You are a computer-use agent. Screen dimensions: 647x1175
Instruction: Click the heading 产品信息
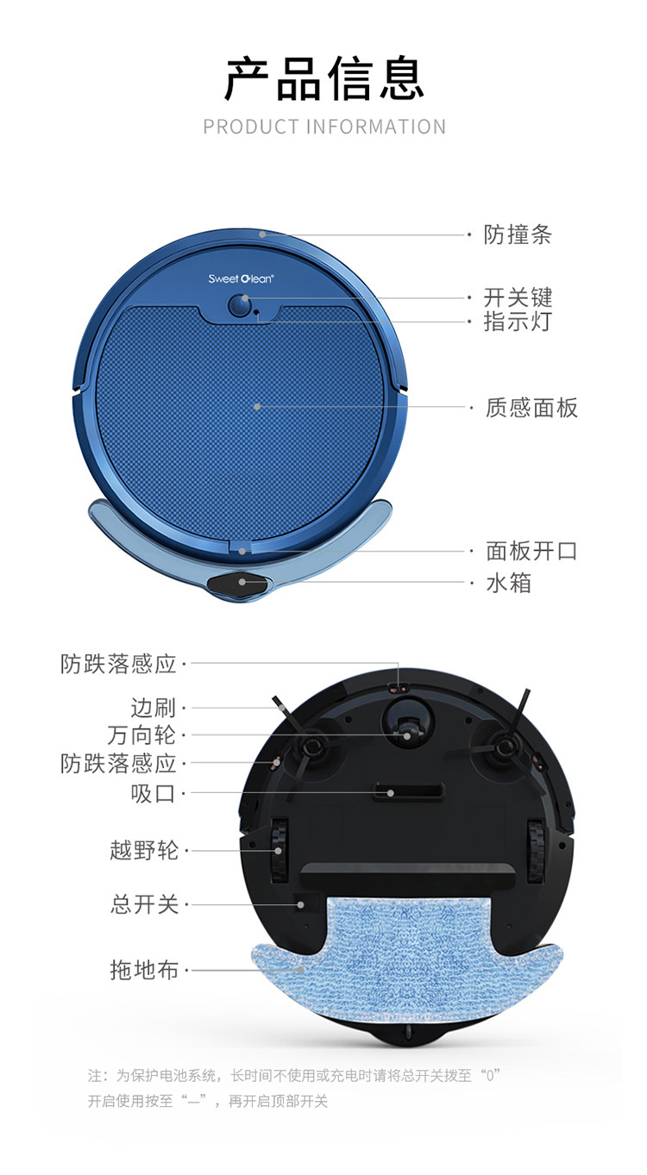(x=323, y=78)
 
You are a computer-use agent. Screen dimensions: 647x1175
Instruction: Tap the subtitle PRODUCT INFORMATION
(x=324, y=127)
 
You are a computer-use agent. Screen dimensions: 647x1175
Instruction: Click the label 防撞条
(x=518, y=234)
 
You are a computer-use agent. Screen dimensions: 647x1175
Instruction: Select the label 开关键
(x=518, y=297)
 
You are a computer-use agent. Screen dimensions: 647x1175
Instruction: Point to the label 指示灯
(x=518, y=321)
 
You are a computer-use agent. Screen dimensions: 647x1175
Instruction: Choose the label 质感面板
(x=531, y=408)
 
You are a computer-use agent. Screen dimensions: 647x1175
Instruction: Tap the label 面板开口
(x=531, y=552)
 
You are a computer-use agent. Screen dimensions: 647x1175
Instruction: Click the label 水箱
(x=508, y=583)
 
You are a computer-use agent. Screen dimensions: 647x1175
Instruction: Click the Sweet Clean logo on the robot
(x=241, y=278)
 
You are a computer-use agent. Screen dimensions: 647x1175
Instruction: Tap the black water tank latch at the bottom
(x=239, y=584)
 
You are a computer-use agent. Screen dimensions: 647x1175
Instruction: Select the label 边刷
(x=153, y=708)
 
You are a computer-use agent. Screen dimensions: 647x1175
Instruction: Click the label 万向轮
(x=141, y=734)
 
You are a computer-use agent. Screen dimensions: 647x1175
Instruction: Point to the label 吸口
(x=153, y=794)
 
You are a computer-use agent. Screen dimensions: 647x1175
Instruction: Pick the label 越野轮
(x=144, y=850)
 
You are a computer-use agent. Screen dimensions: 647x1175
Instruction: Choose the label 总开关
(x=144, y=904)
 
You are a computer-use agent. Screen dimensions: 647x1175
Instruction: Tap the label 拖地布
(x=144, y=970)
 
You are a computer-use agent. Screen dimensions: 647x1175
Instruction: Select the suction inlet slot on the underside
(x=409, y=791)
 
